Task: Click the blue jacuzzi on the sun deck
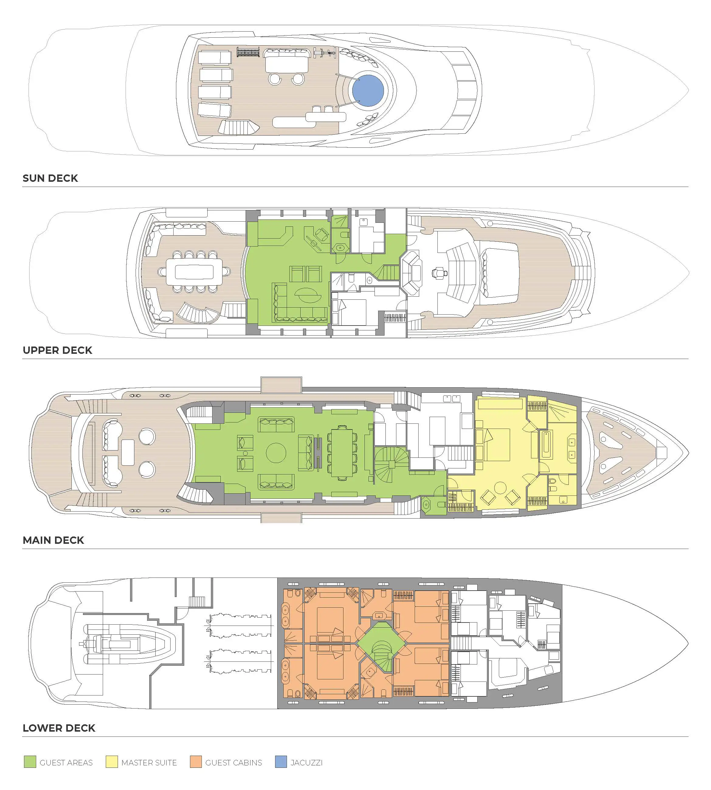(x=368, y=91)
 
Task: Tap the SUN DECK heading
(x=50, y=178)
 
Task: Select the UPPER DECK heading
(x=57, y=350)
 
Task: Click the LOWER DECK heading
(x=59, y=728)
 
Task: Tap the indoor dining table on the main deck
(x=342, y=453)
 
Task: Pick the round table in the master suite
(x=500, y=488)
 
